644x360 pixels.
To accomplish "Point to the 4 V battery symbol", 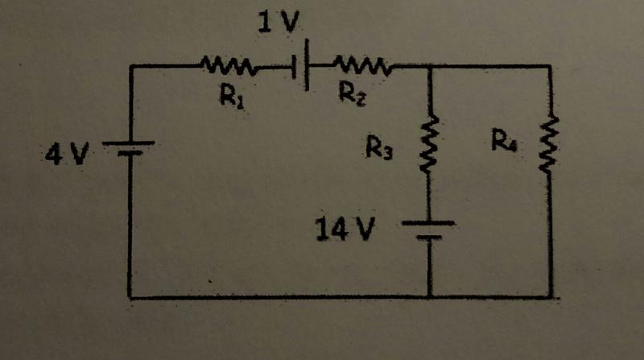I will click(x=129, y=149).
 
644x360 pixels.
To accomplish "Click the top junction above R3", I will click(x=430, y=66).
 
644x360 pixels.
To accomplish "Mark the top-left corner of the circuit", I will click(x=130, y=67).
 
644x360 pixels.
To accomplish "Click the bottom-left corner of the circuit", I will click(x=130, y=297).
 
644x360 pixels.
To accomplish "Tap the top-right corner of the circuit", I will click(x=552, y=66).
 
